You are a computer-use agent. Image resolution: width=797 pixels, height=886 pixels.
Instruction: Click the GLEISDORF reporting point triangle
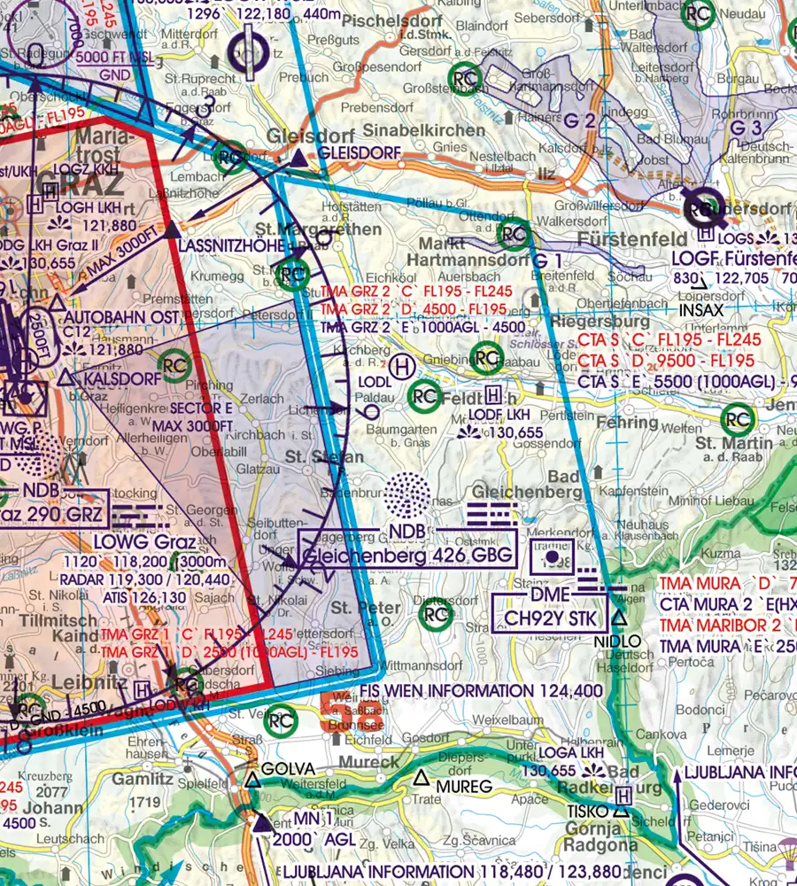[x=299, y=159]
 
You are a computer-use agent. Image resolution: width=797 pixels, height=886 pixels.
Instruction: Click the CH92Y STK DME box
[x=549, y=618]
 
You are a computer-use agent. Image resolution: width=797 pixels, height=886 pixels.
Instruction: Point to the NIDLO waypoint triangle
[x=619, y=618]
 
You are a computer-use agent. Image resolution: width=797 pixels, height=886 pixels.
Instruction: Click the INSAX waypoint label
[x=701, y=310]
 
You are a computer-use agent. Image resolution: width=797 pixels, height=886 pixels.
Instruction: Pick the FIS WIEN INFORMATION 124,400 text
[x=482, y=690]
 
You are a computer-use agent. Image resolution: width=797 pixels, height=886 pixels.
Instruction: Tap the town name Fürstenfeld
[x=632, y=239]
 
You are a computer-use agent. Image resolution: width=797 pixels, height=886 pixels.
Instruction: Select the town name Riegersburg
[x=588, y=322]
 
